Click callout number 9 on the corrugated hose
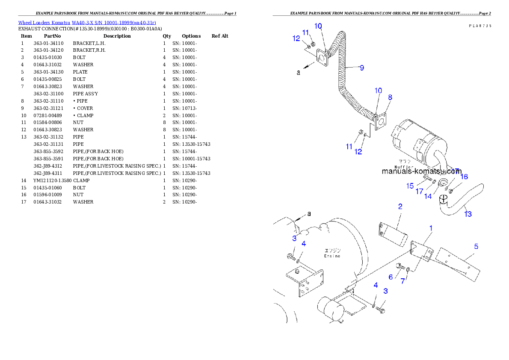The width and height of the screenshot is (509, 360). coord(361,68)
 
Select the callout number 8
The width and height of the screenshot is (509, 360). coord(390,97)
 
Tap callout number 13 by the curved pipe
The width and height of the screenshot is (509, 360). coord(468,214)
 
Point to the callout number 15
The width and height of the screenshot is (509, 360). coord(410,186)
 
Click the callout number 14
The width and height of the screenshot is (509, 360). coord(428,196)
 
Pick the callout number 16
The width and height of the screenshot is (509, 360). coord(464,177)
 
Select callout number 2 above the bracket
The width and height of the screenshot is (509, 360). coord(400,207)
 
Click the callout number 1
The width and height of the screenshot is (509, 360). coord(431,228)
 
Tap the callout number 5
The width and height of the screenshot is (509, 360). coord(476,246)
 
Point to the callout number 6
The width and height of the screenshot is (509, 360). coord(391,277)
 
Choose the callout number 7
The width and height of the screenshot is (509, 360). coord(402,281)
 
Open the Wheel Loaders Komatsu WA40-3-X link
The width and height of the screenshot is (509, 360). coord(87,22)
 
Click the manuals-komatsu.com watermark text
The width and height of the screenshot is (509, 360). coord(421,171)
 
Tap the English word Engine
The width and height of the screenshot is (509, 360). coord(332,256)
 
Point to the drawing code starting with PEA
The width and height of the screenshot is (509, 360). coord(479,26)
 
